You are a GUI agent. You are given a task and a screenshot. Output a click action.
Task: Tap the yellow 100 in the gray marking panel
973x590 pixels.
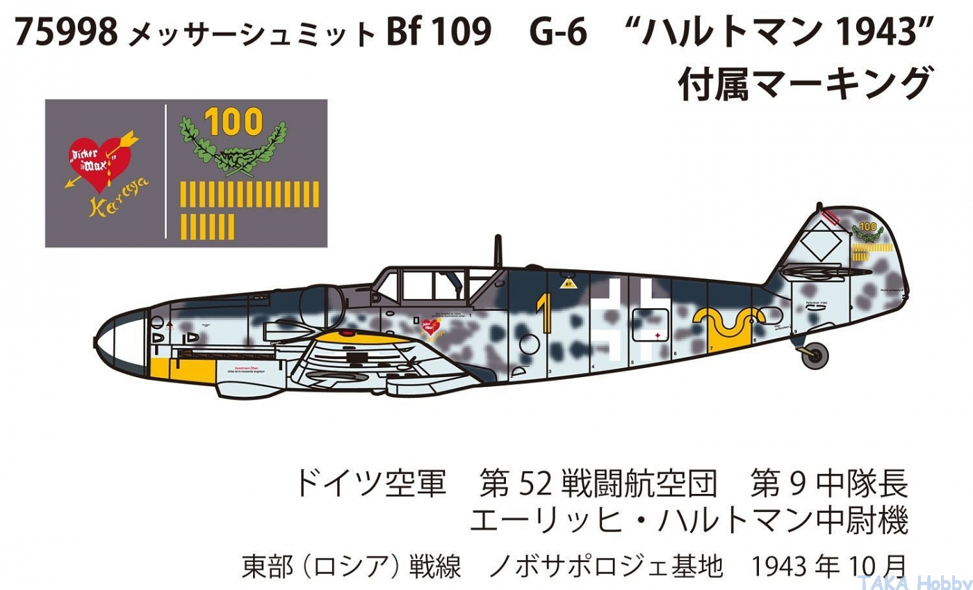[234, 122]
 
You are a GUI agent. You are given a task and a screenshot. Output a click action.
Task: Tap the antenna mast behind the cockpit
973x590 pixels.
[498, 251]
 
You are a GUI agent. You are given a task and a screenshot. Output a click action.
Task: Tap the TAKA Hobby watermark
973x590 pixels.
[913, 582]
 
